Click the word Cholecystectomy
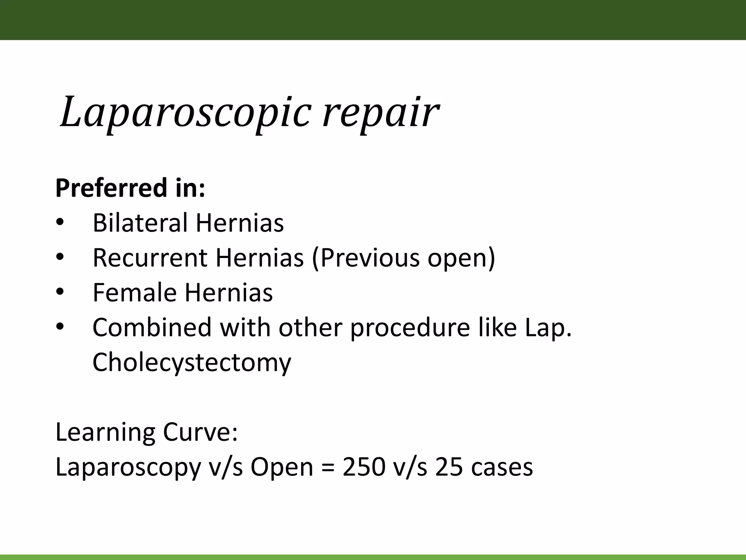click(x=192, y=362)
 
